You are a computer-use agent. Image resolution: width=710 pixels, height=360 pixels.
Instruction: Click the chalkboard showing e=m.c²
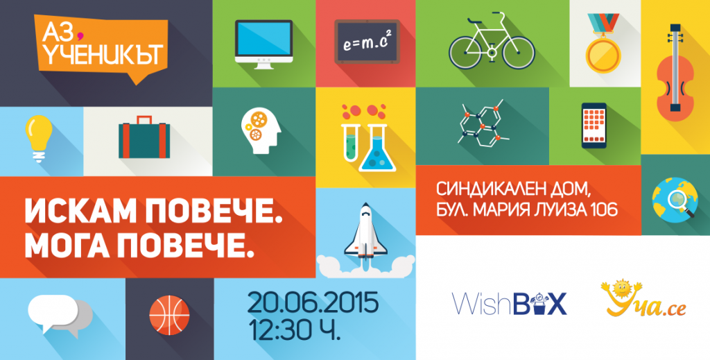(x=367, y=42)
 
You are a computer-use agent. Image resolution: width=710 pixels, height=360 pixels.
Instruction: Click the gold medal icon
(x=603, y=44)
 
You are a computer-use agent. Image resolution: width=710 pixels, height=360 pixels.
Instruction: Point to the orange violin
(x=675, y=72)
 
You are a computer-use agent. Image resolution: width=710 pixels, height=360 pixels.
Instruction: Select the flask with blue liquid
(x=377, y=148)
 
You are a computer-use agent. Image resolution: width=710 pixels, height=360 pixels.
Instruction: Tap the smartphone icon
(x=594, y=126)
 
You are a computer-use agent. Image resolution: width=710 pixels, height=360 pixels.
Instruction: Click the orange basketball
(x=169, y=315)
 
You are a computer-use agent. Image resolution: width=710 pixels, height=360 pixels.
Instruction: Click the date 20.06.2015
(x=313, y=303)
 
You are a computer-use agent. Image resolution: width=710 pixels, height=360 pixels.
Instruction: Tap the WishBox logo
(x=510, y=303)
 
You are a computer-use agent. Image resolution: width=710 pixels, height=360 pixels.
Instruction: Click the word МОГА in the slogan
(x=69, y=246)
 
